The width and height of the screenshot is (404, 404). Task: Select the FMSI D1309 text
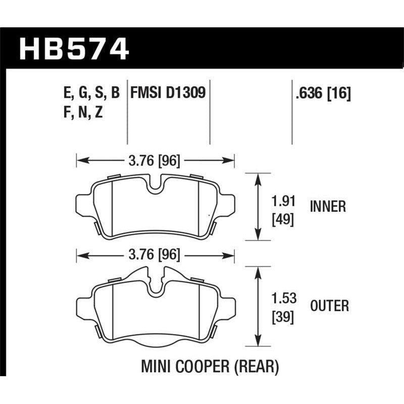click(168, 93)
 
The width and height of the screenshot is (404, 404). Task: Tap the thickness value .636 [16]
click(321, 93)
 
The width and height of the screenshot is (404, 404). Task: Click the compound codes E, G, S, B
click(89, 93)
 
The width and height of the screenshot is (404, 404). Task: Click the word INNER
click(328, 207)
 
